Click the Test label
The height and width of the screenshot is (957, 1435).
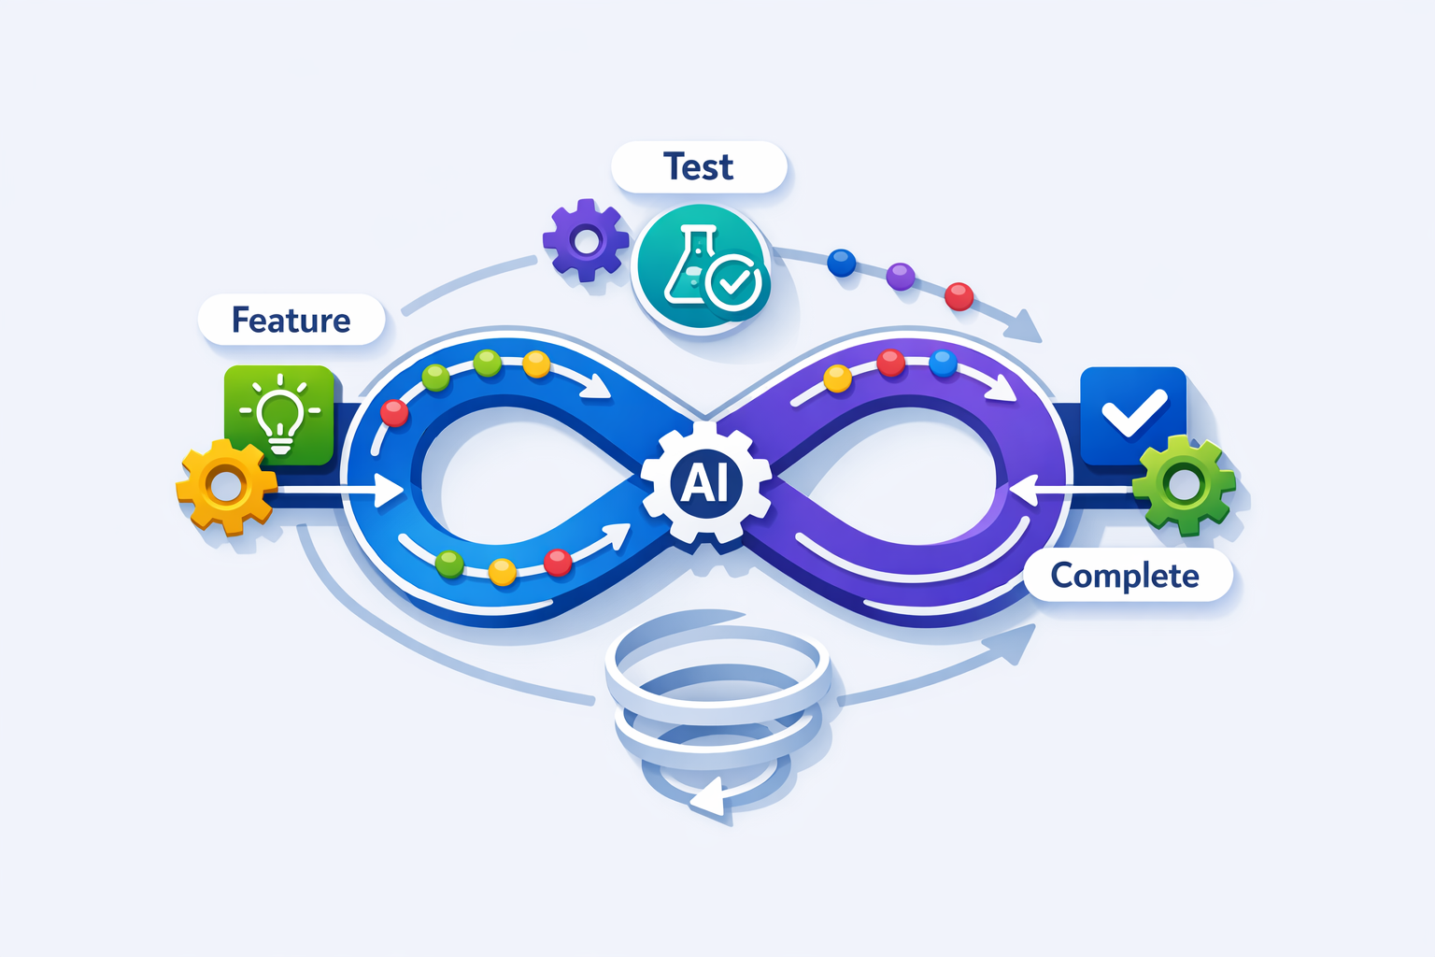[x=699, y=167]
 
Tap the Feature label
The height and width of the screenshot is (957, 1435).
[x=291, y=321]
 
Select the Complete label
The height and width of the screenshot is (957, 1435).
[x=1125, y=576]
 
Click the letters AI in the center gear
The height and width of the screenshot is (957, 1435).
[x=705, y=483]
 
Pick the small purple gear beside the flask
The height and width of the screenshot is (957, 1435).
[x=586, y=241]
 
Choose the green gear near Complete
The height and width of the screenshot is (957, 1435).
[x=1184, y=485]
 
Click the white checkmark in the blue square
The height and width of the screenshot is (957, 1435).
[x=1133, y=413]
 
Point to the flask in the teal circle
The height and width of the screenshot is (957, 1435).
[x=689, y=266]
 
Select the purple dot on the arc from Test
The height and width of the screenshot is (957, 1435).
[x=901, y=277]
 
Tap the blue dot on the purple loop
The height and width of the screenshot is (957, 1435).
[x=944, y=363]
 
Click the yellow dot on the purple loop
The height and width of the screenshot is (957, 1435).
[x=837, y=379]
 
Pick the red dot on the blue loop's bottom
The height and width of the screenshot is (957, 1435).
[x=558, y=563]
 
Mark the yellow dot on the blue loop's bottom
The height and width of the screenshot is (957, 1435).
[x=503, y=571]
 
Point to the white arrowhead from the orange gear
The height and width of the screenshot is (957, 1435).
[x=388, y=489]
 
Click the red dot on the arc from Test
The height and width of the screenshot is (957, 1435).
[x=959, y=297]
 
